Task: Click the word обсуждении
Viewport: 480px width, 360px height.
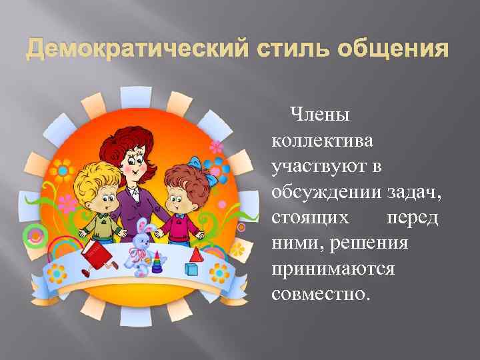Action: tap(325, 192)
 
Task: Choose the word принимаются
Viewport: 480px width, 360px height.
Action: tap(333, 269)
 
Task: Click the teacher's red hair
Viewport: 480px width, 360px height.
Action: tap(131, 137)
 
